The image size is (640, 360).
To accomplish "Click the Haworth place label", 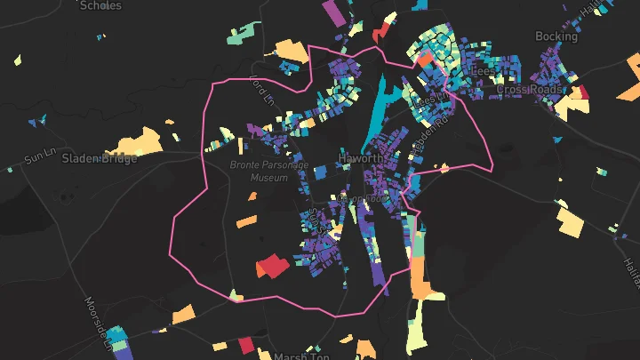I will tap(362, 159).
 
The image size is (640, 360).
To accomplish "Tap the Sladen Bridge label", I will tap(100, 158).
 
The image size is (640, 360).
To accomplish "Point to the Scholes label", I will tap(100, 5).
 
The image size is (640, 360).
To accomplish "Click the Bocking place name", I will tap(556, 36).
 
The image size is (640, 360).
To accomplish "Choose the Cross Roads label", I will tap(529, 90).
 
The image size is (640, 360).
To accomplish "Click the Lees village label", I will tap(483, 71).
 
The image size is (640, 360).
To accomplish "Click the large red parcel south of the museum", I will tap(273, 266).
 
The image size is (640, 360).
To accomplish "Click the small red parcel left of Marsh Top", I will tap(246, 346).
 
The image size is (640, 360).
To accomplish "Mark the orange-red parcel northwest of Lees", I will tap(425, 60).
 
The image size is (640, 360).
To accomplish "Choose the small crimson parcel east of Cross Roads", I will tap(584, 92).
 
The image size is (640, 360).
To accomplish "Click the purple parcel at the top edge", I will tap(332, 12).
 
